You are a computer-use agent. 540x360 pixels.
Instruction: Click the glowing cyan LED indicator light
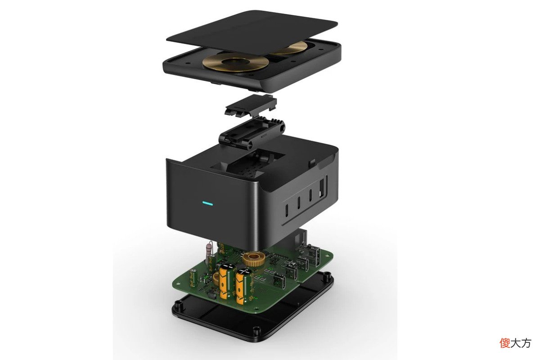[x=207, y=204]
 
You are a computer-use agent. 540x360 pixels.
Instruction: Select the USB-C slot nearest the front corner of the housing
[x=287, y=210]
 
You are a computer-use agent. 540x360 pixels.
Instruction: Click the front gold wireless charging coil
[x=236, y=62]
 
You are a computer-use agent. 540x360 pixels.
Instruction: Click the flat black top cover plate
[x=252, y=32]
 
